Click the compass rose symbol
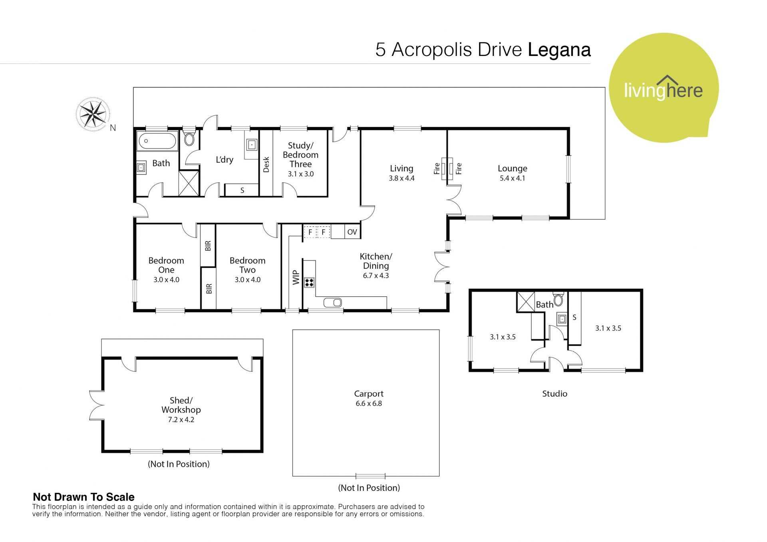point(93,114)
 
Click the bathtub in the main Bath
point(157,141)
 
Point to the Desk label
point(266,165)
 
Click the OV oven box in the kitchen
point(352,232)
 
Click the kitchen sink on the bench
point(333,302)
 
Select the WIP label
point(296,277)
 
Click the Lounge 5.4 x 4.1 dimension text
point(512,178)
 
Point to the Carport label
point(369,393)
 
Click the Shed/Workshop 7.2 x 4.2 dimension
point(181,419)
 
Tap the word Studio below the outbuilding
point(554,393)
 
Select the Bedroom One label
point(166,265)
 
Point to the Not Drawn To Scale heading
point(83,497)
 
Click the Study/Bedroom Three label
point(300,155)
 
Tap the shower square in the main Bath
point(189,183)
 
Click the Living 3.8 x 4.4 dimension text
point(401,178)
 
